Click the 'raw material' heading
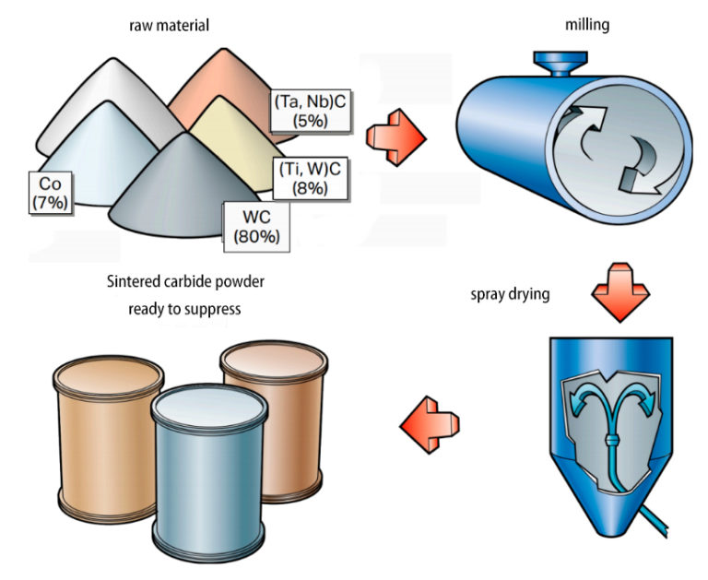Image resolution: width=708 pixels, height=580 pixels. (x=169, y=25)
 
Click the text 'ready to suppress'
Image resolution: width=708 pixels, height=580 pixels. (x=184, y=309)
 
